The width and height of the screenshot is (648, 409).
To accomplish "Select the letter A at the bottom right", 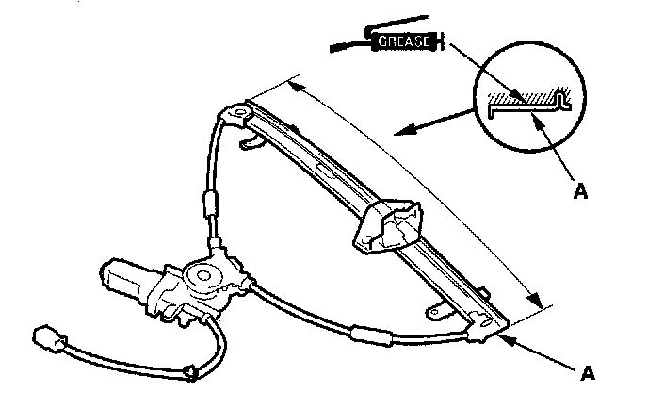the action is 589,374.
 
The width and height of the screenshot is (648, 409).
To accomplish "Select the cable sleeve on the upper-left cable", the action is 211,204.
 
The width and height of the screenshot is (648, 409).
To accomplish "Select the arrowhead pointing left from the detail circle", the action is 401,131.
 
